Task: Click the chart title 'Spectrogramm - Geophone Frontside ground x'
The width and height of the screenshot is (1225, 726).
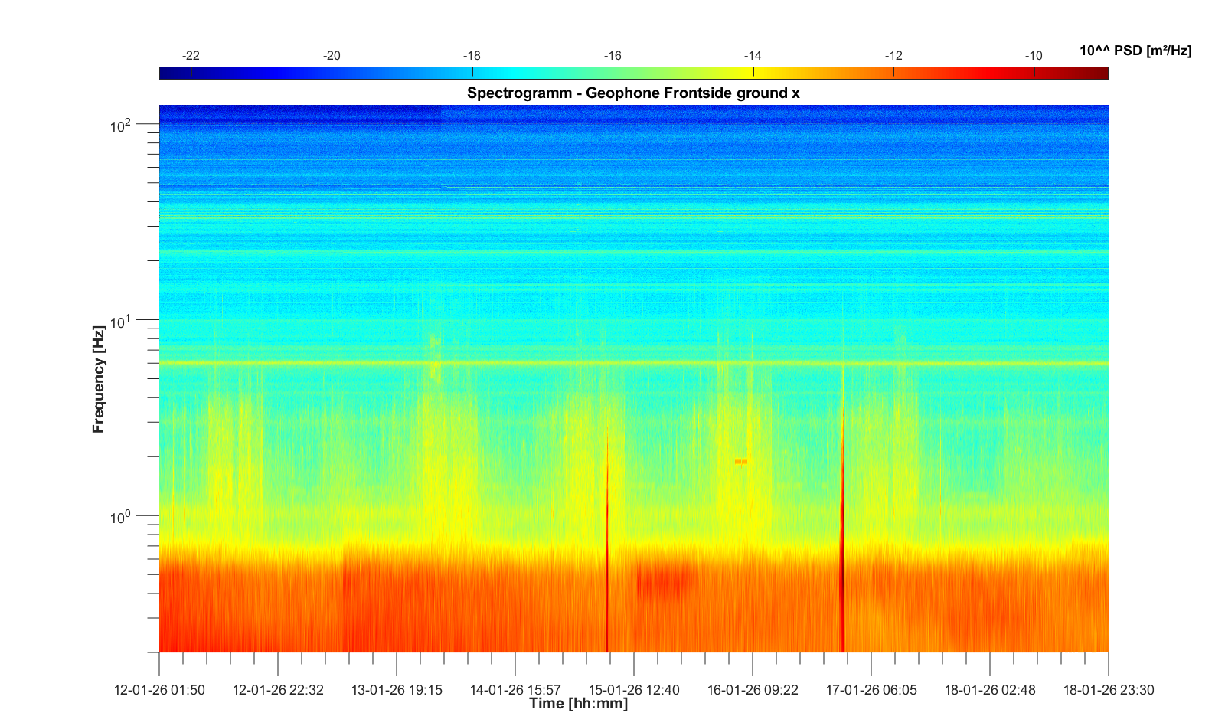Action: pyautogui.click(x=633, y=93)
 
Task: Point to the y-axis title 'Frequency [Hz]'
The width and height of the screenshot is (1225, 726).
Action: pyautogui.click(x=98, y=379)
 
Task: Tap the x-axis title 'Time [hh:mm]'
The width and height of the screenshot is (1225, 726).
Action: pyautogui.click(x=578, y=704)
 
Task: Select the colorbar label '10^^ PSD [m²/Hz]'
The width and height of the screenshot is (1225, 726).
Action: pyautogui.click(x=1135, y=51)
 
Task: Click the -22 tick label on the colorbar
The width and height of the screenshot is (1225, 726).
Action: pyautogui.click(x=191, y=56)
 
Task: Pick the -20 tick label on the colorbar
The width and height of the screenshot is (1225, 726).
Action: pyautogui.click(x=332, y=56)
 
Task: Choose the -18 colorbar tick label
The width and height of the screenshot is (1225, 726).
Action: pyautogui.click(x=472, y=56)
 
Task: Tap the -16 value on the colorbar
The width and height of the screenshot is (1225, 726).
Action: pyautogui.click(x=612, y=56)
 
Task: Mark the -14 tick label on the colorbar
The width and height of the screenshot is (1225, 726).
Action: pyautogui.click(x=753, y=56)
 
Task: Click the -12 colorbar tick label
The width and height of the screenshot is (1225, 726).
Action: pyautogui.click(x=893, y=56)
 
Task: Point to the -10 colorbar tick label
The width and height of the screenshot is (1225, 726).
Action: pyautogui.click(x=1034, y=56)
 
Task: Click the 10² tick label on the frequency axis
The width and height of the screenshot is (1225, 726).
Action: pyautogui.click(x=122, y=125)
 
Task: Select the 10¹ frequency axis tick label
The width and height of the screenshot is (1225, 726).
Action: pyautogui.click(x=122, y=321)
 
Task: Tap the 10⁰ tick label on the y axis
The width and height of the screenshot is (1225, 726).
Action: pyautogui.click(x=122, y=517)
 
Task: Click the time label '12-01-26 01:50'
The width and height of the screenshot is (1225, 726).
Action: pyautogui.click(x=159, y=690)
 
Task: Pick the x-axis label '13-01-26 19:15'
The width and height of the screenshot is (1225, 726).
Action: pyautogui.click(x=397, y=690)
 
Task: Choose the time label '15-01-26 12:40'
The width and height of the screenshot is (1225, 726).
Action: pyautogui.click(x=634, y=690)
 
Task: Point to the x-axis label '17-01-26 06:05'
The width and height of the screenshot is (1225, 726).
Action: pyautogui.click(x=871, y=690)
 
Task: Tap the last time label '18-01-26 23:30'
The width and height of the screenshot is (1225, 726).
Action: pyautogui.click(x=1108, y=690)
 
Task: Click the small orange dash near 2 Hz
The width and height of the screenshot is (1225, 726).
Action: pyautogui.click(x=740, y=462)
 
